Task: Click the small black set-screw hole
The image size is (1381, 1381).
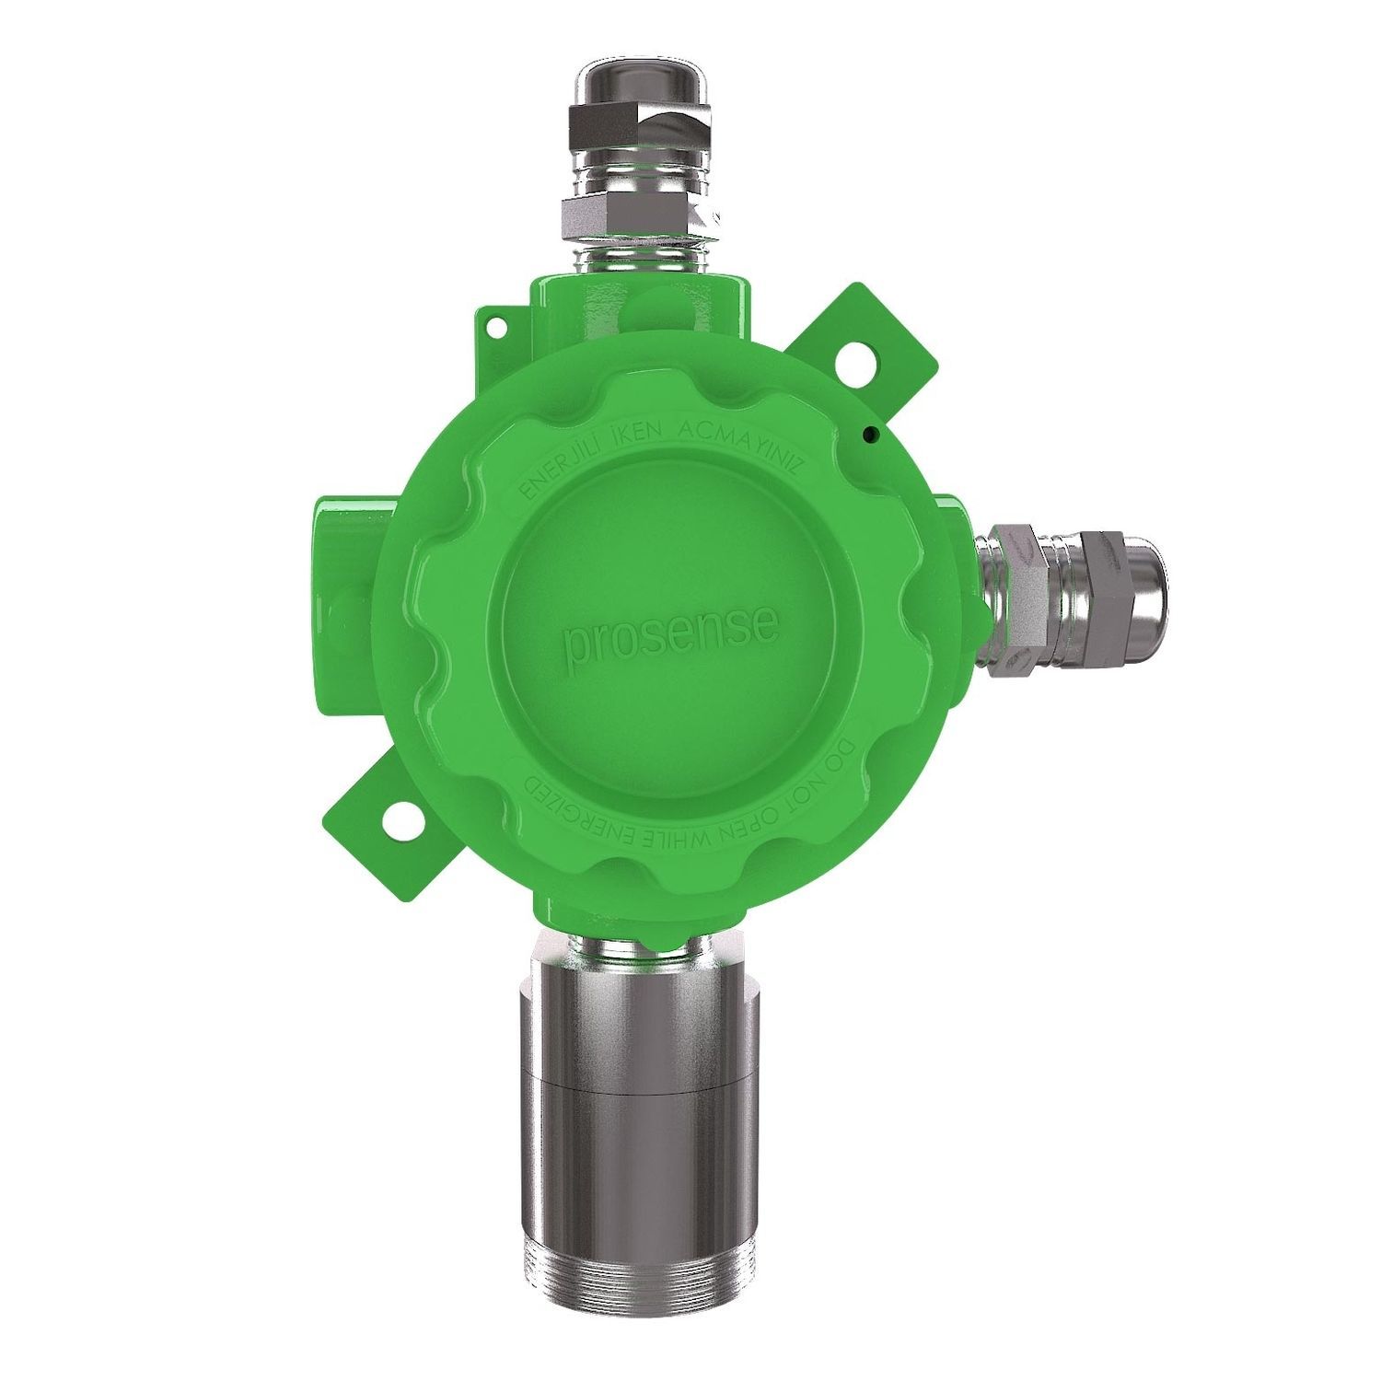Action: pos(868,433)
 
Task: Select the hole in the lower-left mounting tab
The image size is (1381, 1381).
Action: pos(399,818)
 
